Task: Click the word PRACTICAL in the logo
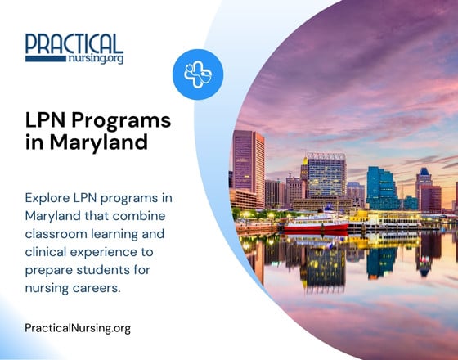point(74,43)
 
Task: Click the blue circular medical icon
point(198,73)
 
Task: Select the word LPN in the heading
point(46,120)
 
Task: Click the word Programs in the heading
point(122,121)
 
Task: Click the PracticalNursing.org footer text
point(78,328)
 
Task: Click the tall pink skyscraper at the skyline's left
point(248,168)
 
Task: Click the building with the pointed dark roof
point(423,187)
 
